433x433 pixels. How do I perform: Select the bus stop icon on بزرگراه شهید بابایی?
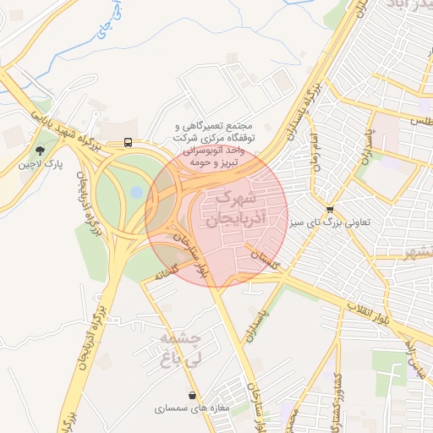128,142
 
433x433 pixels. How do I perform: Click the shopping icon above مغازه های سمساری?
194,394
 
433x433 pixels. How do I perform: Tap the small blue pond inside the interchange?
136,193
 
